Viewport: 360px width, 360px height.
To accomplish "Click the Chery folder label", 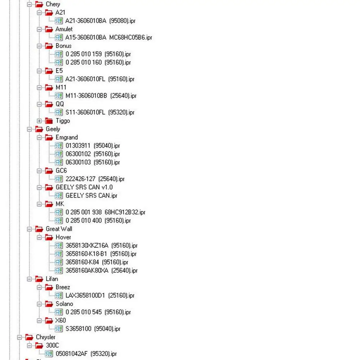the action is coord(53,4).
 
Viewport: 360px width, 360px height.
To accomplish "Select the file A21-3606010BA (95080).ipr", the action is coord(100,21).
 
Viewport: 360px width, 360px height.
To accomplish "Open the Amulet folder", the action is coord(64,29).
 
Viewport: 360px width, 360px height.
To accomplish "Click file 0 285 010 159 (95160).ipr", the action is coord(98,54).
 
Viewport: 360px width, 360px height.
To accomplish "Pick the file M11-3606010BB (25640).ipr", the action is coord(101,96).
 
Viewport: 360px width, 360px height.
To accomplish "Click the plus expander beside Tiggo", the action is coord(40,121).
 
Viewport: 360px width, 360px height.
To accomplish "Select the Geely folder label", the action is coord(53,129).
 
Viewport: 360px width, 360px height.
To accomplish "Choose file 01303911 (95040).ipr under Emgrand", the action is coord(92,146).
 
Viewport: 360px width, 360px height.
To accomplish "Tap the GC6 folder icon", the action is coord(49,171).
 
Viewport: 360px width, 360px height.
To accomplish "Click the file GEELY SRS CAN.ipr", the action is coord(91,196).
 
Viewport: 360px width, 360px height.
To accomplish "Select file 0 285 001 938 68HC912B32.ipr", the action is coord(105,213).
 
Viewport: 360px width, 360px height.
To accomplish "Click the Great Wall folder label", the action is coord(59,229).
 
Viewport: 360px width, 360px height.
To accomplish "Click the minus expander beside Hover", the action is coord(40,237).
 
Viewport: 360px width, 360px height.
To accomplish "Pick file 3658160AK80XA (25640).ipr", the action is coord(101,270).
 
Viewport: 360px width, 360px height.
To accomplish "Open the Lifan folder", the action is coord(52,279).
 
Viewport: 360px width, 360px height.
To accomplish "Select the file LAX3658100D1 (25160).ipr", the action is coord(100,296).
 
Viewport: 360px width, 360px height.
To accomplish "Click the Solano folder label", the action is coord(64,304).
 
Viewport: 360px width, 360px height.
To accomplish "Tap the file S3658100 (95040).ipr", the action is coord(93,329).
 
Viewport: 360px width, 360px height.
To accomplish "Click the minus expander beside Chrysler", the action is coord(20,337).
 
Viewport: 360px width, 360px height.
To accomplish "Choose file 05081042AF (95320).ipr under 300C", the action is coord(86,354).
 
